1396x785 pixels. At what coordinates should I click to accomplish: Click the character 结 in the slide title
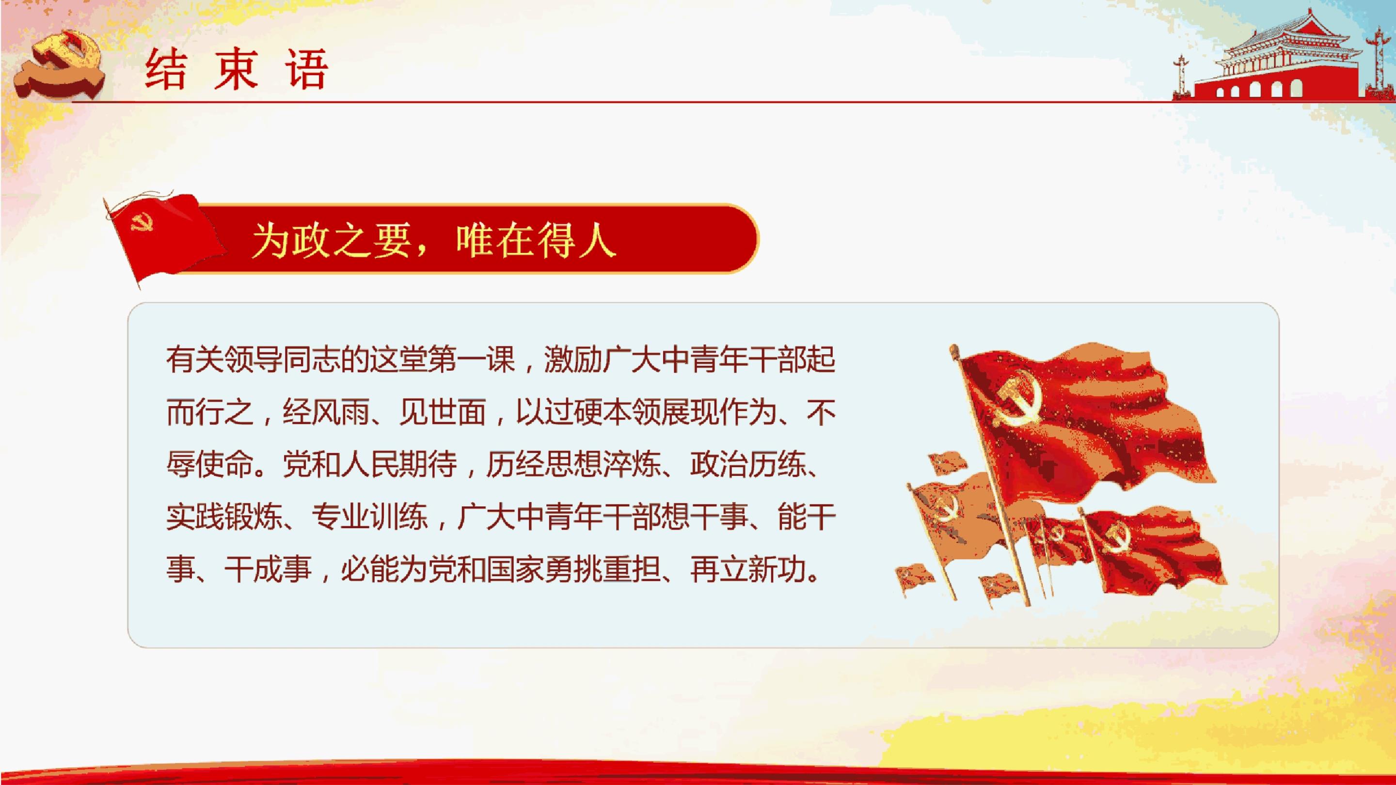(166, 69)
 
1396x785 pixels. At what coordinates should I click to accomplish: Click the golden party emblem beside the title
(59, 64)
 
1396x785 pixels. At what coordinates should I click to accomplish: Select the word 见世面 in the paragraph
(442, 412)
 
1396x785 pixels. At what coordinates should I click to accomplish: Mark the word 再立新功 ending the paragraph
(748, 569)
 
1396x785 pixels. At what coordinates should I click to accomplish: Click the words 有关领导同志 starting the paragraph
(254, 359)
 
